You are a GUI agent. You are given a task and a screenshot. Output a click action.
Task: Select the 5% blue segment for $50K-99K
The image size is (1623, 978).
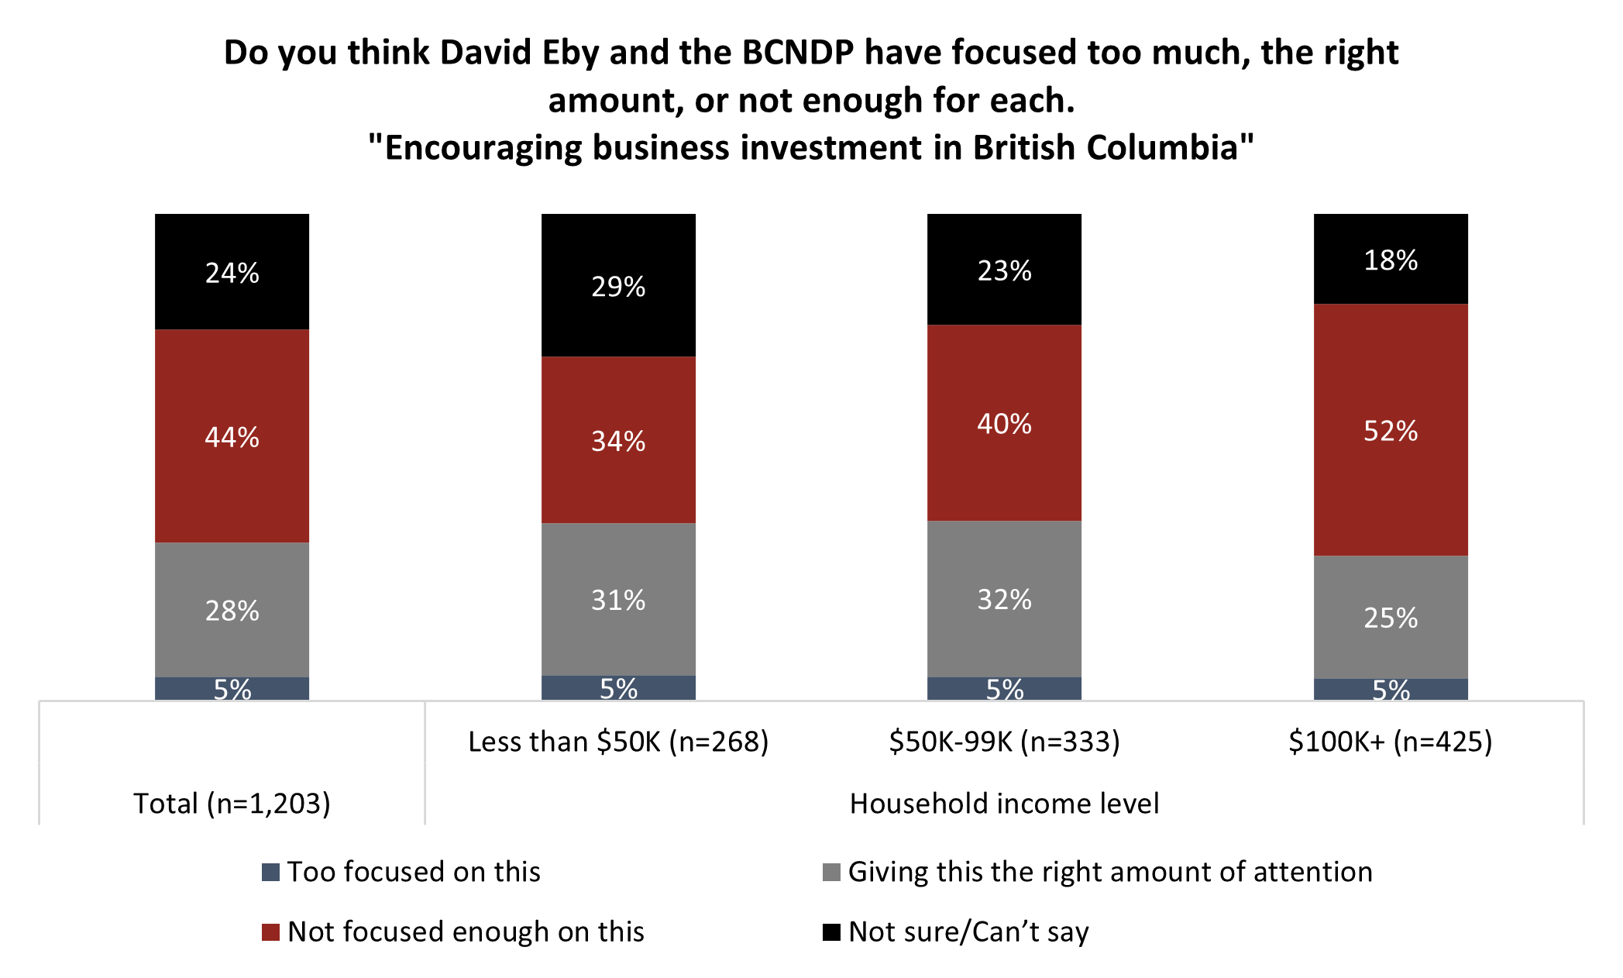point(1004,689)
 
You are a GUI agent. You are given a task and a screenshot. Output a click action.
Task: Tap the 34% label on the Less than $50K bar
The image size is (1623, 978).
point(618,441)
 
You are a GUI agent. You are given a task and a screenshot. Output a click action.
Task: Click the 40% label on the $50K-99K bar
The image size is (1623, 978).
point(1004,424)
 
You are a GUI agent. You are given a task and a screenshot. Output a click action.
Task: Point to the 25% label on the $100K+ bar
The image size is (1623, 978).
point(1390,618)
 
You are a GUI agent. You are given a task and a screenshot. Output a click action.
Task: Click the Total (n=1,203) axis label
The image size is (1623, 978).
point(232,804)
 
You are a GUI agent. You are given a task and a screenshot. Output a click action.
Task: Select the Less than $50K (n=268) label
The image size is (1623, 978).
point(618,742)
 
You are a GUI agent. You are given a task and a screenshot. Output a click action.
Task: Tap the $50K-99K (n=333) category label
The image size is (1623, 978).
point(1004,742)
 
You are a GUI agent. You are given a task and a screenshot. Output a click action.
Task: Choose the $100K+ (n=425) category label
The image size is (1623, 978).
point(1390,742)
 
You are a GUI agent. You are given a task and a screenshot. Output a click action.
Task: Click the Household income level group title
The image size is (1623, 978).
point(1004,804)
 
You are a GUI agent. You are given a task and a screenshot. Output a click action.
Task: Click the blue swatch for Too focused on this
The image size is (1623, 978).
point(270,873)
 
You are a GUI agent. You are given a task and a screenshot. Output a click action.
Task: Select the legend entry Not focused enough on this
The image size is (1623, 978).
point(465,932)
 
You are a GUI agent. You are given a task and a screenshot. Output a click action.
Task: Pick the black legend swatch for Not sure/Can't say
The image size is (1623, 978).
point(831,932)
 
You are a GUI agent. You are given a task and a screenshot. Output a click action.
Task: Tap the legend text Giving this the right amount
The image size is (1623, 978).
point(1109,872)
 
